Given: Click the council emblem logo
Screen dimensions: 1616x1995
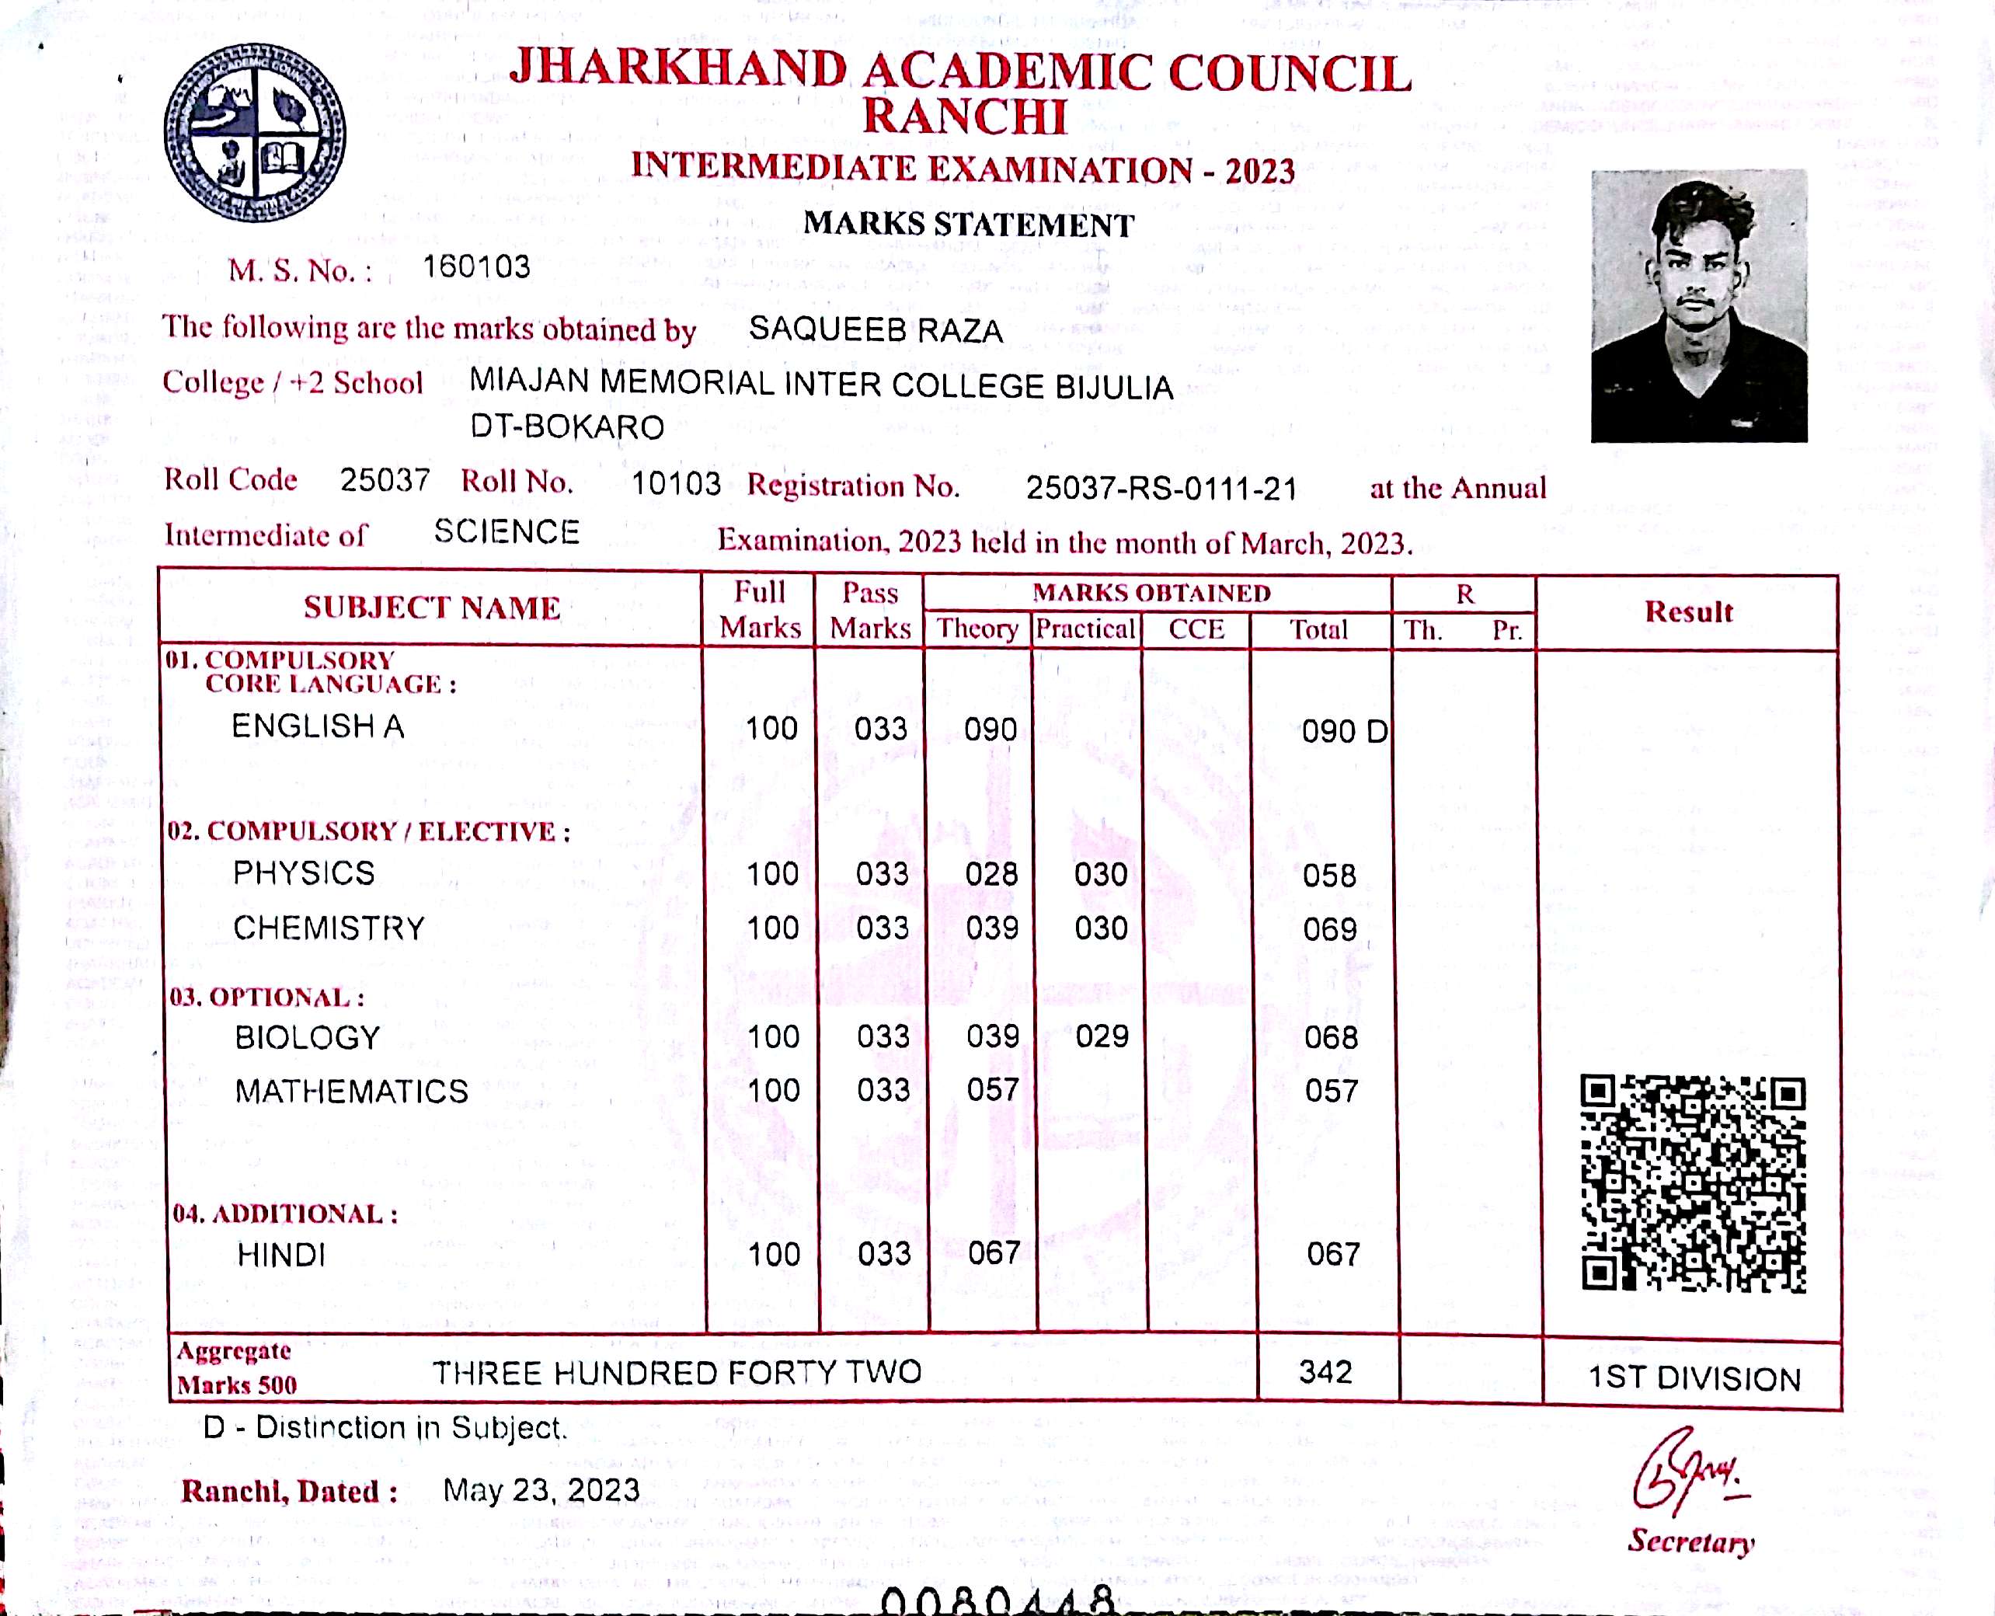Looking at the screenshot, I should [x=254, y=131].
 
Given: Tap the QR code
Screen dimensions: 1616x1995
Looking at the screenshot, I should [x=1693, y=1183].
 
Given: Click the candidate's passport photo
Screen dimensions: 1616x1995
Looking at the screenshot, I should [x=1699, y=305].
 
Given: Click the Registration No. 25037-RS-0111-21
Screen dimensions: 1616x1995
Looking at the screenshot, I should [x=1161, y=488].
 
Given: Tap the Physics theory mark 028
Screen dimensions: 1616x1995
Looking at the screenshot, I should [x=991, y=874].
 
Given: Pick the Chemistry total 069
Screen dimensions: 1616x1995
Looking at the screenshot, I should [x=1329, y=929].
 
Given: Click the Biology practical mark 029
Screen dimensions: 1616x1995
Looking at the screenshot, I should [x=1102, y=1036].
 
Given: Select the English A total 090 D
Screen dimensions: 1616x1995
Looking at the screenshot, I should [x=1343, y=732].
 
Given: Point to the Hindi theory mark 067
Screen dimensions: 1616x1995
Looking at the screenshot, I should [x=994, y=1253].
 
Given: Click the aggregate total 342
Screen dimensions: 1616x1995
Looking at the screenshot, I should [x=1325, y=1371].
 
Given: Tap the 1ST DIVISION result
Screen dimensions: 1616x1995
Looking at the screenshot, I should [x=1694, y=1377].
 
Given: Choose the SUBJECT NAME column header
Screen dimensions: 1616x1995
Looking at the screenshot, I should [x=432, y=608].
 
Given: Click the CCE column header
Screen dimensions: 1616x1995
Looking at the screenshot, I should [x=1196, y=629].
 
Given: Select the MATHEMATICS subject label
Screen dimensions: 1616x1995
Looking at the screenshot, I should [x=351, y=1091].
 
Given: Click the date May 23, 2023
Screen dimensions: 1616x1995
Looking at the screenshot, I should [x=541, y=1489].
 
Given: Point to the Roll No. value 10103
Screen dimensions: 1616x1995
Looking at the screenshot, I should [x=676, y=483].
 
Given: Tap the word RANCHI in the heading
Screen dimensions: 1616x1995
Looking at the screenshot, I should [x=964, y=117].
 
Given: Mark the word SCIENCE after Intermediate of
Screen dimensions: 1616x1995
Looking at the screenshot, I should [x=507, y=531].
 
